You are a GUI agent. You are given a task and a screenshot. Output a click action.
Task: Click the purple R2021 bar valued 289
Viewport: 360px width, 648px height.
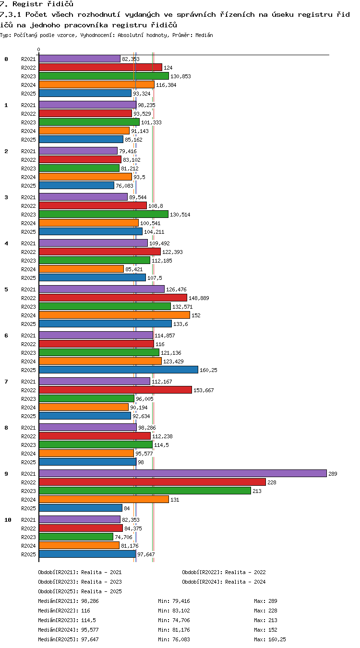(183, 473)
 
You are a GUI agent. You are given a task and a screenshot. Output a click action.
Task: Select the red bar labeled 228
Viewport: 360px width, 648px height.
(152, 482)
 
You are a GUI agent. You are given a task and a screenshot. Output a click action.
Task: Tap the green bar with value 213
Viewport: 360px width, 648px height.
(145, 491)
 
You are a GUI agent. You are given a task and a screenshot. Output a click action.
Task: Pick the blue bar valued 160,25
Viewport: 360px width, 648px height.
(119, 370)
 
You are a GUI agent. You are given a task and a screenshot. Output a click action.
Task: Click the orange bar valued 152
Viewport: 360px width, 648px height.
(114, 315)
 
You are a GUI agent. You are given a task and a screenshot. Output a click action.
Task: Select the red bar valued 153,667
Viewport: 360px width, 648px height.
(116, 390)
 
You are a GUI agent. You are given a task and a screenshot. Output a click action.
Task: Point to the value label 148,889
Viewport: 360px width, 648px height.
(199, 298)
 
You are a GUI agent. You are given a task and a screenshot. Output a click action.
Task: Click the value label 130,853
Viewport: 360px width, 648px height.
(180, 76)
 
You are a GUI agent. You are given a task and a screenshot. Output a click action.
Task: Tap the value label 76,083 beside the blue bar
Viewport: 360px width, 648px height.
(124, 186)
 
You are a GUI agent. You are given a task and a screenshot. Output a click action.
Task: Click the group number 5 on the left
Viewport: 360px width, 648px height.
(6, 289)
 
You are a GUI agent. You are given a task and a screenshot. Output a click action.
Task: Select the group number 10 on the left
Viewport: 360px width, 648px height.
(8, 520)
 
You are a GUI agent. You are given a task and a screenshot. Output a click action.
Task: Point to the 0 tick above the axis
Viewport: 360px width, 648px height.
(38, 49)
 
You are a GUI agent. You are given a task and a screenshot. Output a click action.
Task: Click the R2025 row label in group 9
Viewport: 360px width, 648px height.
(28, 508)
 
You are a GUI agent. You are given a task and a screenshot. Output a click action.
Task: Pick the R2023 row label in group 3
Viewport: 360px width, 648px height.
(28, 215)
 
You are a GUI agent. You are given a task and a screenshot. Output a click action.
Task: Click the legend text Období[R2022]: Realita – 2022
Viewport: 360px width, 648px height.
(224, 572)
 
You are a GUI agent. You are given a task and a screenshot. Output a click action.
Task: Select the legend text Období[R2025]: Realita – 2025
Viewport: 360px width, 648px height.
(80, 591)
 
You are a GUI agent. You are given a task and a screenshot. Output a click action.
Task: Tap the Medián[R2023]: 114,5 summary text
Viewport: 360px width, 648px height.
(67, 620)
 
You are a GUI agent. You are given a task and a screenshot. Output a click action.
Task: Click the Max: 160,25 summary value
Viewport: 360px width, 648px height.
(270, 639)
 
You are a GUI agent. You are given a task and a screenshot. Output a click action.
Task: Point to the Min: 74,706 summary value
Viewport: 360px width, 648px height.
(174, 620)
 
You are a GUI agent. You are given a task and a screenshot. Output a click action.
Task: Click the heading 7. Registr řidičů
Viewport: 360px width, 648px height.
(37, 4)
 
